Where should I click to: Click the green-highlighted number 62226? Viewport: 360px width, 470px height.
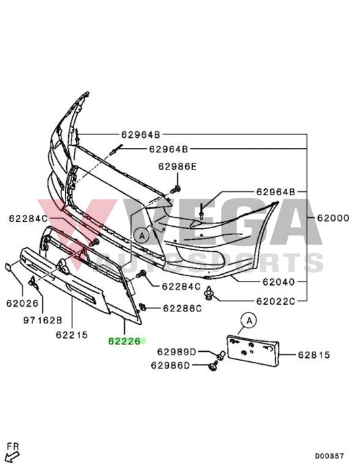point(124,342)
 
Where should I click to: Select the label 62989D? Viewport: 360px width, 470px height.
point(177,352)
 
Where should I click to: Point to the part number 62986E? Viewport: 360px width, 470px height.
point(178,166)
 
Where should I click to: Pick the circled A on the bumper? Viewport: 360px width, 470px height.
point(141,236)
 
